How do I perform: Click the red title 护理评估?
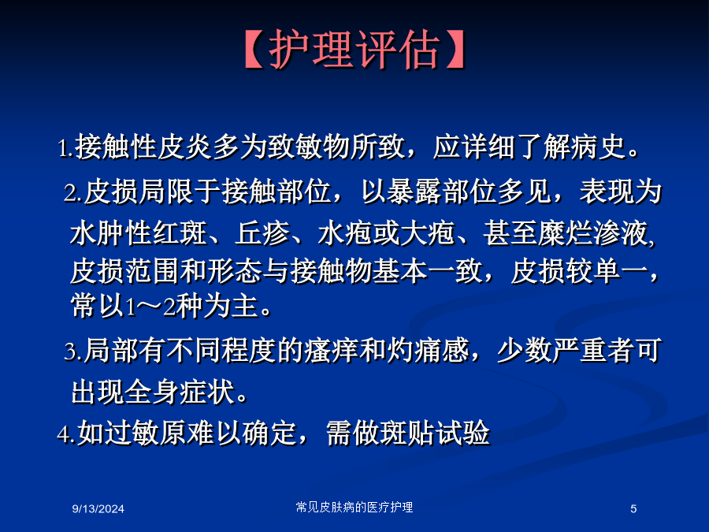tap(353, 50)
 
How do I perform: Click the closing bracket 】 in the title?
tap(455, 50)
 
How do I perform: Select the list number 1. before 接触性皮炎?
tap(65, 148)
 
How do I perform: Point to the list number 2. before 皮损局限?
tap(72, 193)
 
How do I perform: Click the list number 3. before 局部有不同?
tap(72, 352)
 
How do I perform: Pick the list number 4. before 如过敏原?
tap(66, 433)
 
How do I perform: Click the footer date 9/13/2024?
tap(98, 509)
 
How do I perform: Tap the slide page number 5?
tap(633, 509)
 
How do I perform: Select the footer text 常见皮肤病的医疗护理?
tap(354, 507)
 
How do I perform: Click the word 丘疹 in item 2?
tap(262, 233)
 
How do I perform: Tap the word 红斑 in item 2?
tap(180, 233)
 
